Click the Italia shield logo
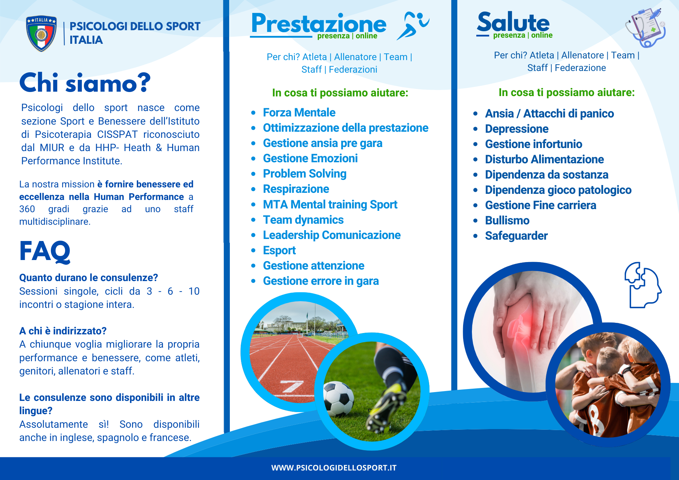coord(41,33)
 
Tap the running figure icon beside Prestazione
coord(413,26)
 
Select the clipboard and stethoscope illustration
coord(645,27)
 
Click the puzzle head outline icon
coord(643,285)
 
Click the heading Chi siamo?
coord(85,83)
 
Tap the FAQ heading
coord(45,251)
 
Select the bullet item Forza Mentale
coord(299,112)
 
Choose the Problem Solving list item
coord(305,174)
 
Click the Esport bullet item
coord(279,251)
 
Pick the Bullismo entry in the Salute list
coord(507,221)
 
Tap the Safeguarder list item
coord(516,236)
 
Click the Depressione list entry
coord(517,129)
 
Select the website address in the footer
coord(334,468)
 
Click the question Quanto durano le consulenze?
coord(89,278)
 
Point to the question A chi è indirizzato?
coord(63,331)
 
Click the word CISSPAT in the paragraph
coord(117,134)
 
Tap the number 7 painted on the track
coord(291,386)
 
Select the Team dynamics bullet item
coord(303,220)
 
